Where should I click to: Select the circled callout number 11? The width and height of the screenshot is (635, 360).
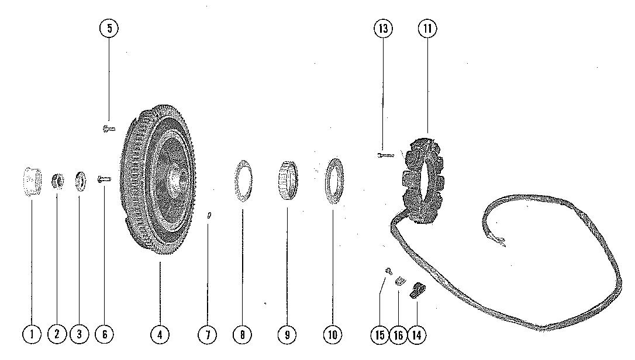[427, 29]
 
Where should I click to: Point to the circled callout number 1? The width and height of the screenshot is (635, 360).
[32, 334]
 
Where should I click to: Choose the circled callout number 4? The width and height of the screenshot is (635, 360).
[160, 334]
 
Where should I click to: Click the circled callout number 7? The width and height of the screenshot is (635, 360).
[207, 334]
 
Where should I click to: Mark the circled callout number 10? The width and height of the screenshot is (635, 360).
[333, 334]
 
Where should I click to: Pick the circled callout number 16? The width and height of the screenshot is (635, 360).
[398, 334]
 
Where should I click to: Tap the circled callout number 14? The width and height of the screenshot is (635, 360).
[417, 334]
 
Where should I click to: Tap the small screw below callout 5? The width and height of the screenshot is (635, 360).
[108, 127]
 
